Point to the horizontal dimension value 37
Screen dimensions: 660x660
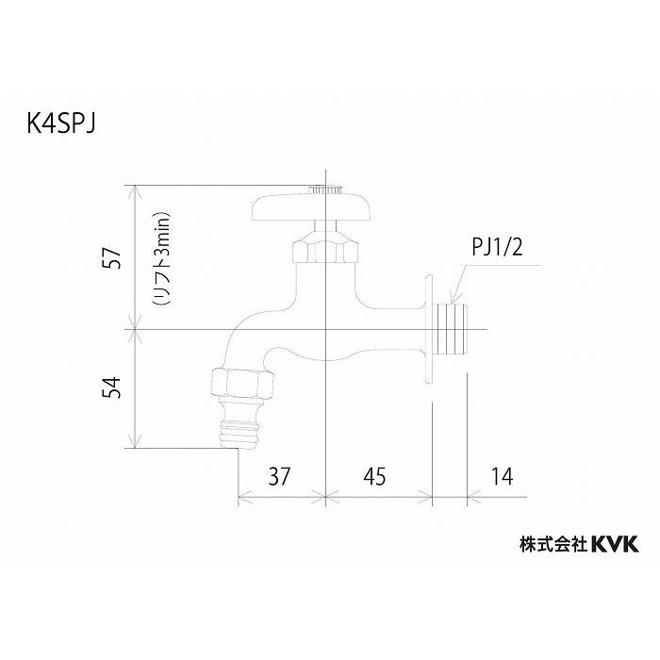click(280, 477)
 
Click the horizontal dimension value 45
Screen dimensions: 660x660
click(377, 477)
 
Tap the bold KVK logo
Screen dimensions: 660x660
click(615, 543)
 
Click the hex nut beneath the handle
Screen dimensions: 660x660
click(323, 250)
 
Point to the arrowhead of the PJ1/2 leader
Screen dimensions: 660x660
click(452, 298)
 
